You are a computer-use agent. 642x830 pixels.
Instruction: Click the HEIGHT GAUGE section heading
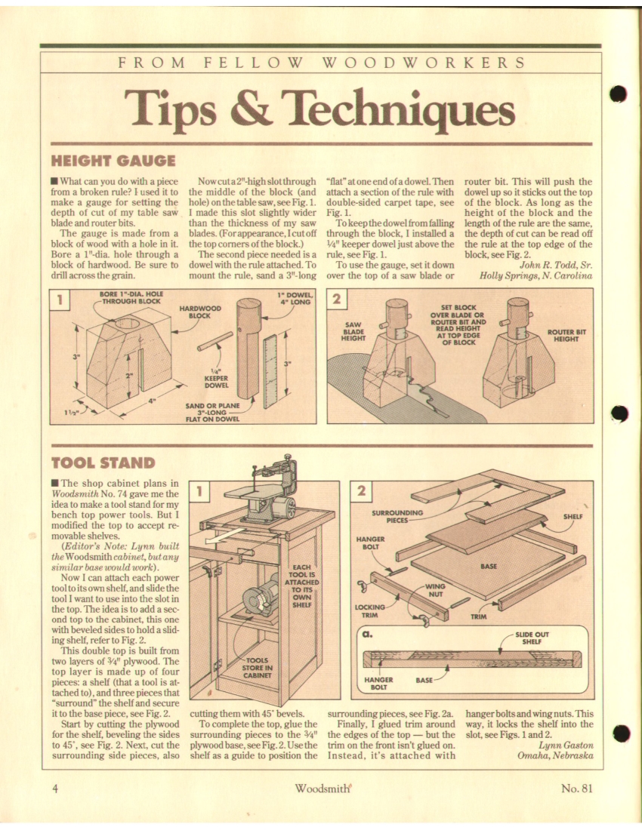click(113, 161)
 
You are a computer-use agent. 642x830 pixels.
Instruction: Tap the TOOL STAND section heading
click(103, 463)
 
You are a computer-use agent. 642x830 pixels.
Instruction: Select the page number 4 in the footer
click(55, 788)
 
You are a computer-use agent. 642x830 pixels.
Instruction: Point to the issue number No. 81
click(576, 788)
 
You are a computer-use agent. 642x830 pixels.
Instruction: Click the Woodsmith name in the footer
click(323, 788)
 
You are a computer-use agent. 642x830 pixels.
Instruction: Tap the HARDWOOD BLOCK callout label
click(199, 312)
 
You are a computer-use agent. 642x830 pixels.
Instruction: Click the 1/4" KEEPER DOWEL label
click(216, 379)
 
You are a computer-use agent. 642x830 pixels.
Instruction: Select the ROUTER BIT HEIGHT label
click(566, 335)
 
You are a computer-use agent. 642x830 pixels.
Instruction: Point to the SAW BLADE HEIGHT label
click(353, 331)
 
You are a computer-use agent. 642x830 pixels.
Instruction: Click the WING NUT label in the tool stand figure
click(435, 590)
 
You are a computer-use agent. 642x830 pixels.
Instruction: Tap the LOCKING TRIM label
click(370, 611)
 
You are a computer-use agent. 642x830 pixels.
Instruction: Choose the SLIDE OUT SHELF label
click(532, 638)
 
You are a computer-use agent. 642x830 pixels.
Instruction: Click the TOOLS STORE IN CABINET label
click(258, 668)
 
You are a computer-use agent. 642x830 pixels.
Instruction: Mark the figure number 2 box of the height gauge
click(336, 299)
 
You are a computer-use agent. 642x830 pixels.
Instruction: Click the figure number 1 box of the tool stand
click(199, 491)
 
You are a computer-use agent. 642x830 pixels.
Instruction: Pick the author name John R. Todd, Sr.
click(556, 265)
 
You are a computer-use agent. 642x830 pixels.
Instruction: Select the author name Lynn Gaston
click(566, 745)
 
